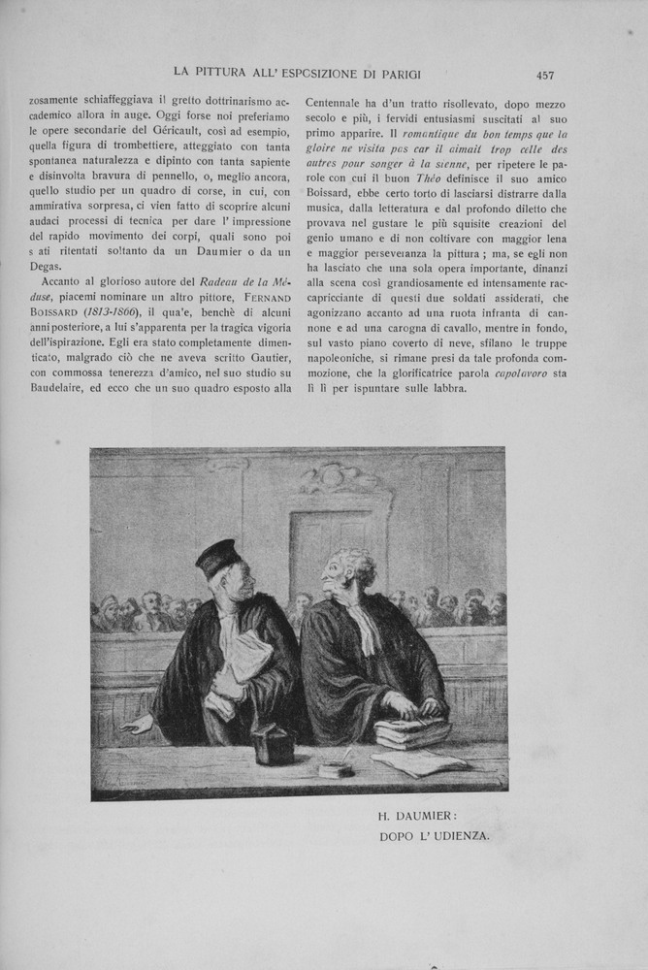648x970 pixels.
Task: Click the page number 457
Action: [x=544, y=75]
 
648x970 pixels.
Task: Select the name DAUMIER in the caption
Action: [x=438, y=816]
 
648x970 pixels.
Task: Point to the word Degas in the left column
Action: [x=46, y=267]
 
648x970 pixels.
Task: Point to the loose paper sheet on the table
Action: [x=419, y=763]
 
